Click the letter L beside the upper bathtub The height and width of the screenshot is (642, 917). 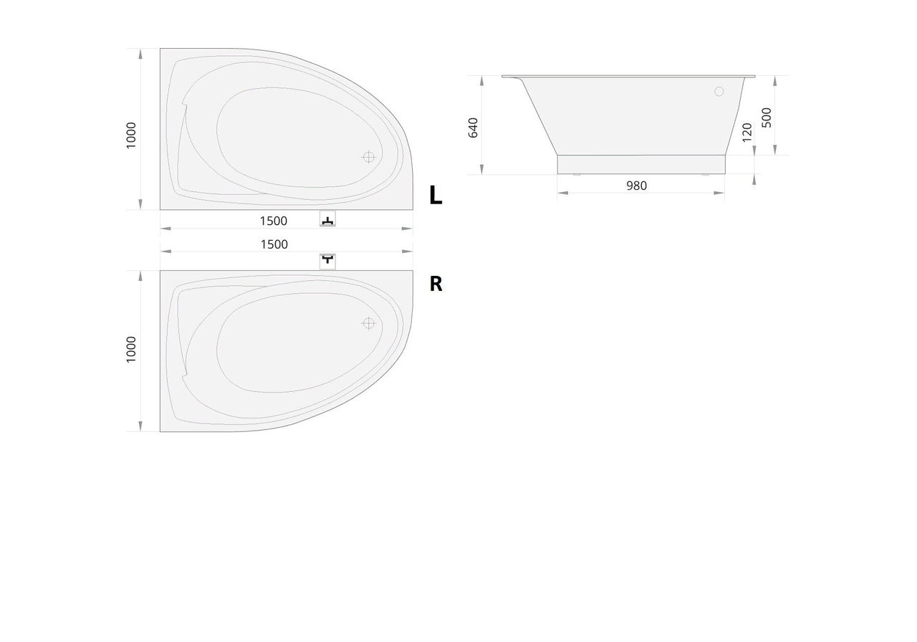436,195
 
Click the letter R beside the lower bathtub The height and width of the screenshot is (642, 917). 436,284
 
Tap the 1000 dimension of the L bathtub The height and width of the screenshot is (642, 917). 131,135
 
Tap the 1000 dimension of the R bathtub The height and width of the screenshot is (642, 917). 131,349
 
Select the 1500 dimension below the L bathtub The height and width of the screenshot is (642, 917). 274,221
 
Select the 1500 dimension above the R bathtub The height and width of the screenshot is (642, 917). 274,244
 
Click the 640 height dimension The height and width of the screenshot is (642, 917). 473,128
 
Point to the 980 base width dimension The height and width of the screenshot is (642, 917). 637,186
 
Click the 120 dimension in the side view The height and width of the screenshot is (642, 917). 747,133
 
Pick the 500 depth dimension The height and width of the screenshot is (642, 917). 767,118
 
